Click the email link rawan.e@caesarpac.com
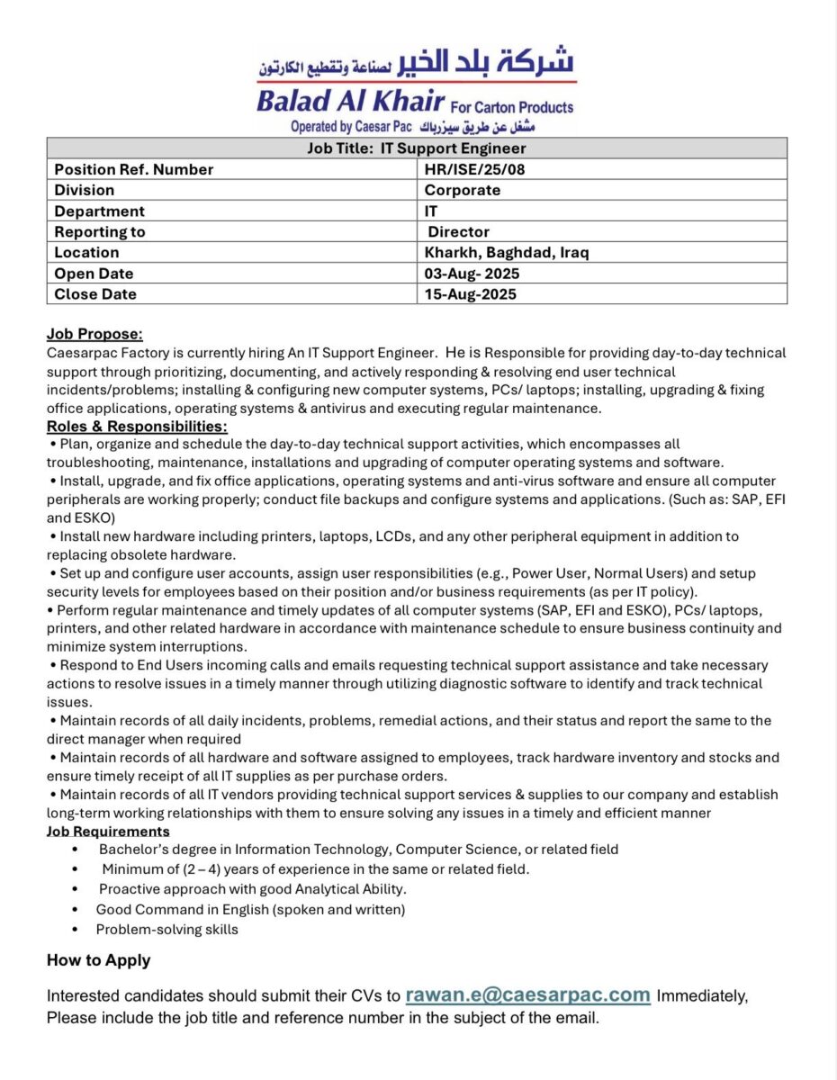[x=527, y=994]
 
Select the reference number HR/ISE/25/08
[x=475, y=169]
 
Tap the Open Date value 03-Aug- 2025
[x=472, y=274]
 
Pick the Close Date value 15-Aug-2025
[x=471, y=294]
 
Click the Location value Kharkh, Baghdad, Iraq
[x=507, y=253]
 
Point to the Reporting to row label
[x=100, y=232]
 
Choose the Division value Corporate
[x=463, y=190]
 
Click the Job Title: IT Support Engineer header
[x=417, y=148]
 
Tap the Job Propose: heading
[x=94, y=335]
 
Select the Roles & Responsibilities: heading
[x=137, y=427]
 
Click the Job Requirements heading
[x=108, y=832]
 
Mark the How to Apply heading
[x=99, y=960]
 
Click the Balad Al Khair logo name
[x=349, y=101]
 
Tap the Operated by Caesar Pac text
[x=350, y=127]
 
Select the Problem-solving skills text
[x=167, y=930]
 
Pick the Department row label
[x=99, y=211]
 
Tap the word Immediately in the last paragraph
[x=702, y=995]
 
